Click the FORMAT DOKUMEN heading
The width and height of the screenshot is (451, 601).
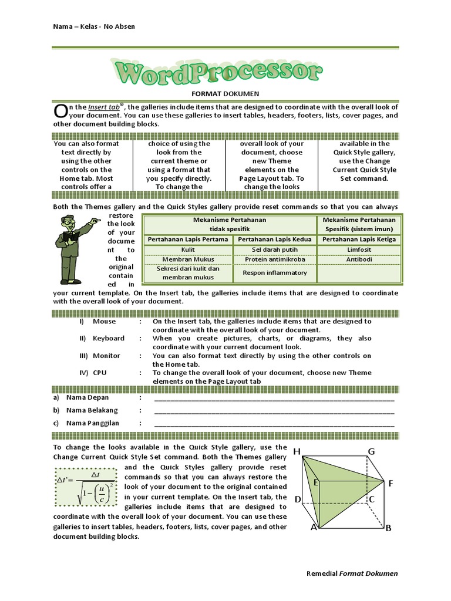225,93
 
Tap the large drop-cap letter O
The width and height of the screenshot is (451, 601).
60,111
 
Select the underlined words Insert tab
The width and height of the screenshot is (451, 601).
104,107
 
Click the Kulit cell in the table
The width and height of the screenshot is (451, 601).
188,249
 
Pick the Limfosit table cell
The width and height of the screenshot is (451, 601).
359,249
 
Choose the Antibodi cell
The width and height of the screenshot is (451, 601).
359,259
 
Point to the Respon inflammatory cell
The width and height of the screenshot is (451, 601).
275,273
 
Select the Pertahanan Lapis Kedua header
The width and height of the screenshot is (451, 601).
275,239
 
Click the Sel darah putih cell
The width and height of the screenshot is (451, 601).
275,249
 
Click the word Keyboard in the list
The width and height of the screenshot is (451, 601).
109,339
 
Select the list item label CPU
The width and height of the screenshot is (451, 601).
100,373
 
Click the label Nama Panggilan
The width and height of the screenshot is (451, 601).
93,423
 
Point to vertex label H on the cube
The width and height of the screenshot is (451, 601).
297,451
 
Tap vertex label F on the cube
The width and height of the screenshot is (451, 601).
391,483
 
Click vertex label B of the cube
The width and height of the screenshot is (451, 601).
388,528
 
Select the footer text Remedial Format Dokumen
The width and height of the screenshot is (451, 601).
352,573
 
